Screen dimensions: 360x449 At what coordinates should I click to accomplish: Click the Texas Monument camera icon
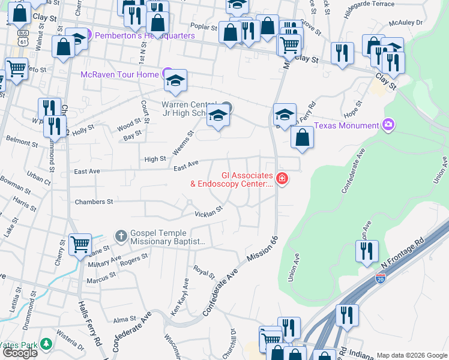click(388, 125)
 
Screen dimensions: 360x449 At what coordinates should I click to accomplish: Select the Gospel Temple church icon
click(121, 236)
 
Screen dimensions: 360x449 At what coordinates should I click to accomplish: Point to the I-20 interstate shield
click(379, 278)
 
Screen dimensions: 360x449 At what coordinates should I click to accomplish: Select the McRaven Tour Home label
click(120, 74)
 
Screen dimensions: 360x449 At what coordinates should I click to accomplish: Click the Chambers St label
click(94, 202)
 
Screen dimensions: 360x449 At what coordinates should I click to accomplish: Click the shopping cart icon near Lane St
click(80, 244)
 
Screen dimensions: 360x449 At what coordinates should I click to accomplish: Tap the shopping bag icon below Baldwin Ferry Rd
click(303, 137)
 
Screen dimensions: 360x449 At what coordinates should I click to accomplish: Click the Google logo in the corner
click(20, 353)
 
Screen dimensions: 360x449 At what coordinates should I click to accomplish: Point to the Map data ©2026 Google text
click(411, 355)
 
